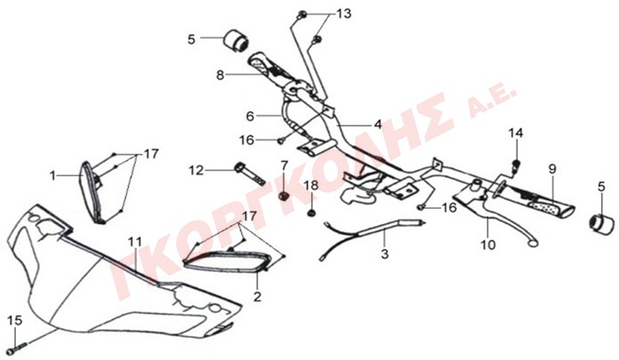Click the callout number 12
tap(196, 171)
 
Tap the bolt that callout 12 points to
tap(250, 174)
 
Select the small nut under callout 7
tap(284, 196)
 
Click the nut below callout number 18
tap(311, 213)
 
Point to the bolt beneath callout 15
tap(17, 348)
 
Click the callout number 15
tap(15, 321)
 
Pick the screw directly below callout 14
tap(516, 166)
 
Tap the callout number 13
tap(343, 14)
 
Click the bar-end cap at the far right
tap(601, 225)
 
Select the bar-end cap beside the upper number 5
tap(236, 41)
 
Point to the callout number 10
tap(488, 244)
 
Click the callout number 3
tap(384, 254)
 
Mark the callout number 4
tap(378, 124)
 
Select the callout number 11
tap(134, 242)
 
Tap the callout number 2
tap(257, 296)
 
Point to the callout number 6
tap(250, 116)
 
